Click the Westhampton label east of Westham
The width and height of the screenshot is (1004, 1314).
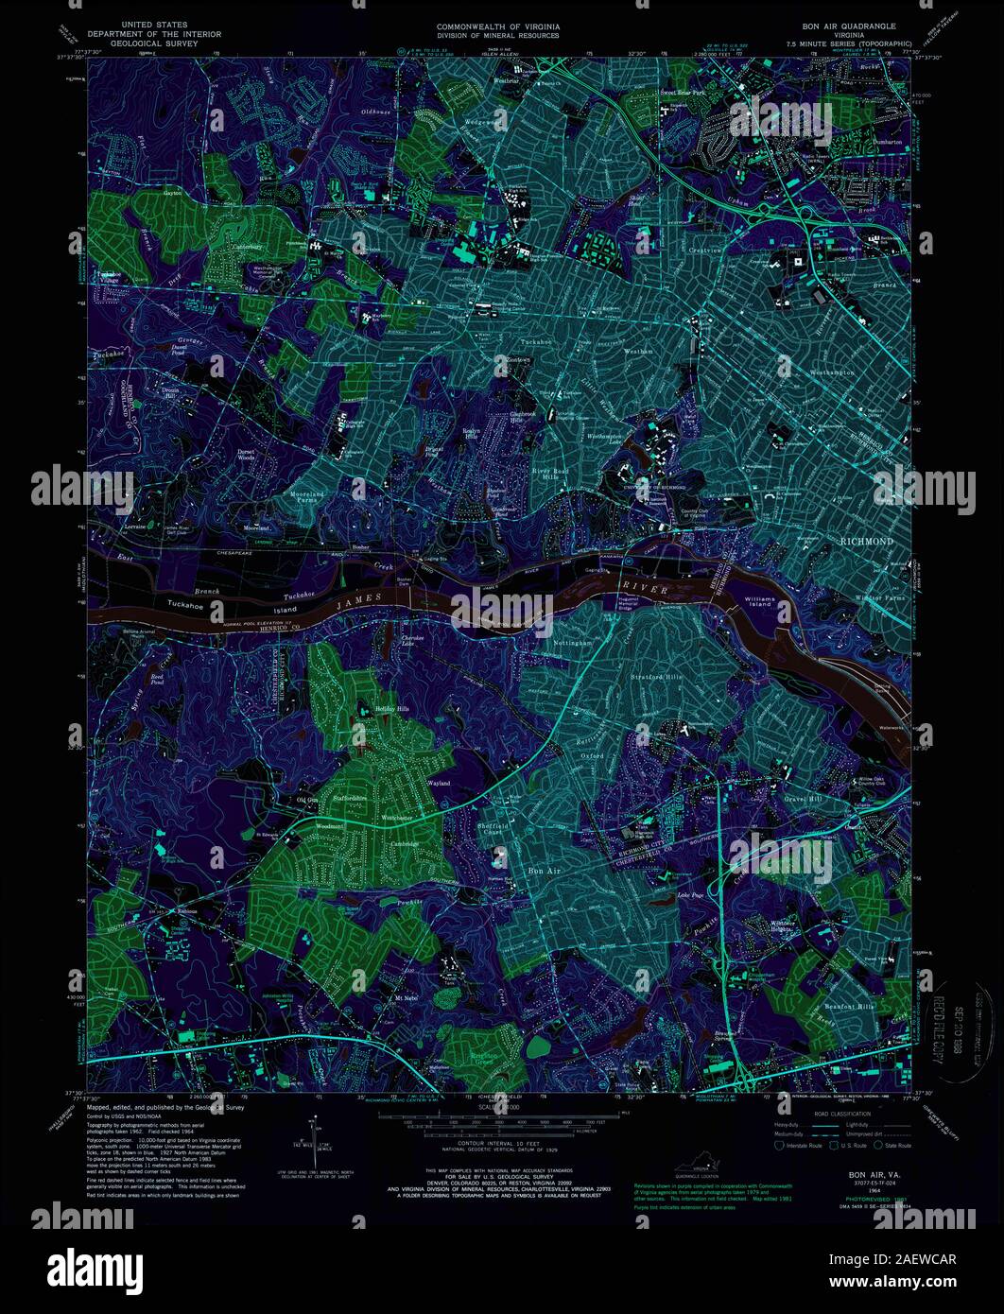pos(832,372)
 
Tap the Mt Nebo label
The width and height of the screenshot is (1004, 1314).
pos(407,998)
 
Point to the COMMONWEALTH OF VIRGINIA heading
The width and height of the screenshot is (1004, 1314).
pos(496,26)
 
